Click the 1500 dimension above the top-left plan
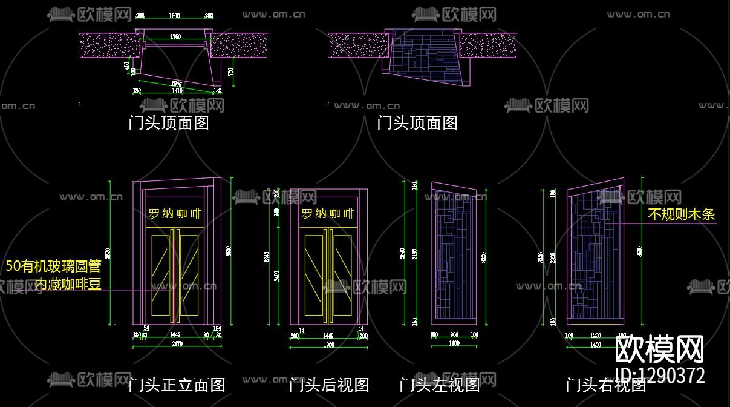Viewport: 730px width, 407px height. click(174, 15)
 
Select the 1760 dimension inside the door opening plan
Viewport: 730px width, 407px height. click(175, 37)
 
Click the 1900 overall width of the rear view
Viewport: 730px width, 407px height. click(328, 345)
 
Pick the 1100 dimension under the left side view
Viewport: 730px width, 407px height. click(454, 343)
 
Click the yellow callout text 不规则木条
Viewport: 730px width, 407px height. click(681, 214)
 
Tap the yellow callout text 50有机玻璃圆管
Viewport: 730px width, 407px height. click(53, 266)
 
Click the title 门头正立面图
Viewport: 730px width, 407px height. click(177, 385)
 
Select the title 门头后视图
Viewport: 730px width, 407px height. click(328, 385)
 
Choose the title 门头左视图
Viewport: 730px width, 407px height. click(440, 385)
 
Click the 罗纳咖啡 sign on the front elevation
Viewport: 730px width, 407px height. click(175, 214)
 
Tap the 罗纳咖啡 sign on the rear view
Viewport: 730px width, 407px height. click(328, 214)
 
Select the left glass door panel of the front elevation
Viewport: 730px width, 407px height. click(160, 276)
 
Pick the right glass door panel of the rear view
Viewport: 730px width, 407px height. click(343, 276)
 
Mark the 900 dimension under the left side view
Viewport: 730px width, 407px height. click(454, 334)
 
